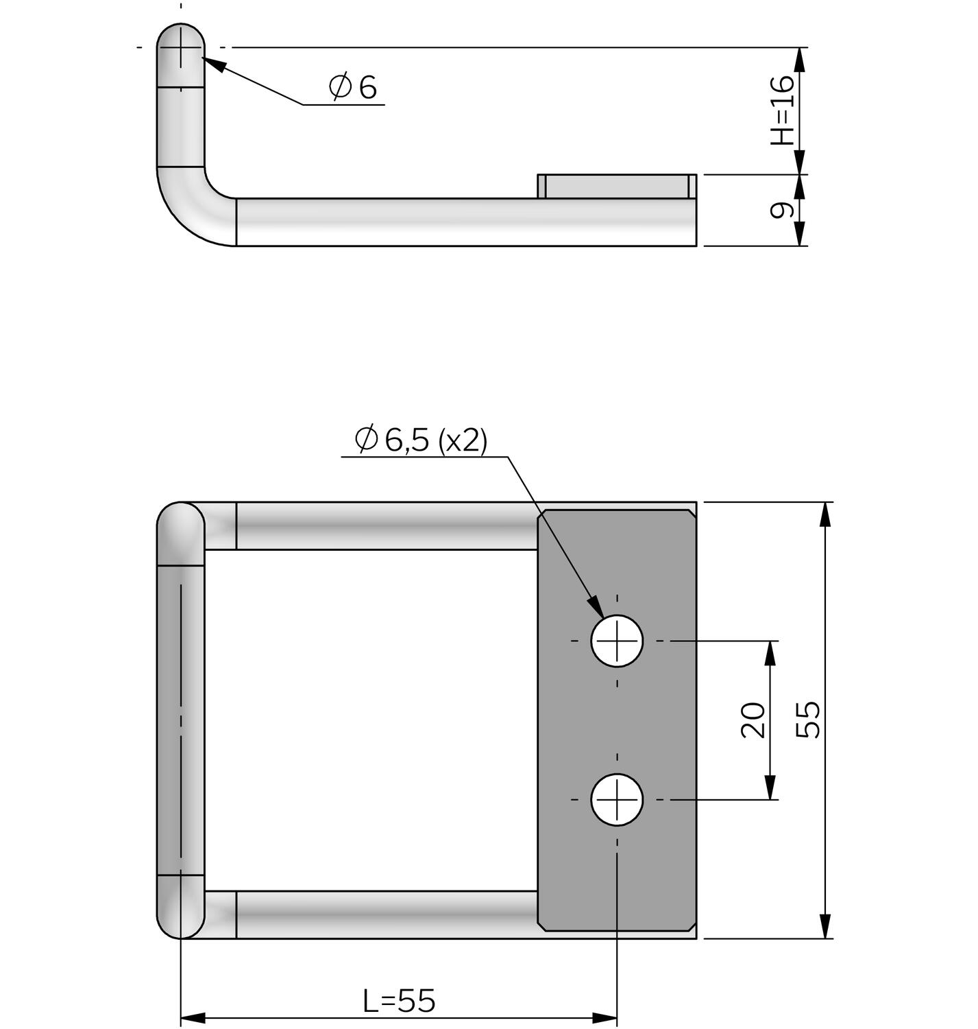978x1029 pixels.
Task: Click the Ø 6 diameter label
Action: pyautogui.click(x=353, y=87)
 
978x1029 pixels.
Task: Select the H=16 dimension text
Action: pyautogui.click(x=782, y=110)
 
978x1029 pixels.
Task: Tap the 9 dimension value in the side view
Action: pyautogui.click(x=780, y=210)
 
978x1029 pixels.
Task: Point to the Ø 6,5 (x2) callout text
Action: pyautogui.click(x=421, y=440)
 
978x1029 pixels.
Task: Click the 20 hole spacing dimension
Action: pyautogui.click(x=753, y=720)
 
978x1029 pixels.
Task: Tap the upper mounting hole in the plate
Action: pyautogui.click(x=617, y=641)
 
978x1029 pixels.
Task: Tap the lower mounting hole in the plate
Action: pyautogui.click(x=617, y=799)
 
